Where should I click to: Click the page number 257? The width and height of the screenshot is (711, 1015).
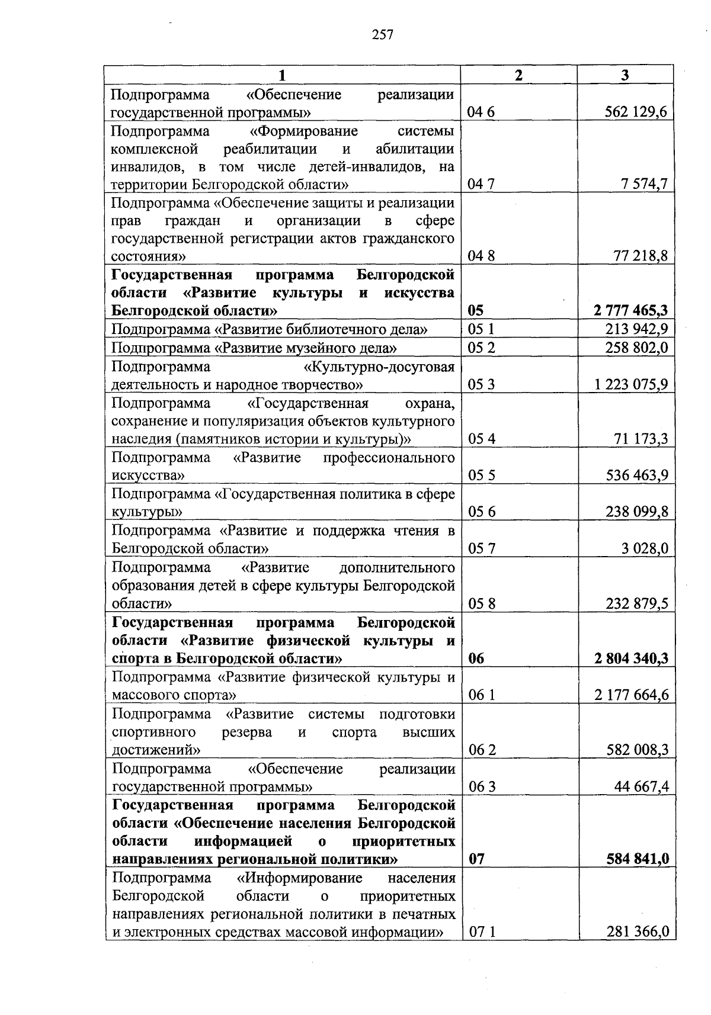[383, 35]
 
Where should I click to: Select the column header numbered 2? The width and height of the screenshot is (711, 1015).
[519, 75]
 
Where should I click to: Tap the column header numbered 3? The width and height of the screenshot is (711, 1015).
[626, 75]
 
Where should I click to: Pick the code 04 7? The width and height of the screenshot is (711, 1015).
[481, 184]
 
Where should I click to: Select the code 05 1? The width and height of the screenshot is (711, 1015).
[481, 329]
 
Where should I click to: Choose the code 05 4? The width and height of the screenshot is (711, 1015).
[481, 439]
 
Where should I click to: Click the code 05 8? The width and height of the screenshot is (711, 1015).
[481, 603]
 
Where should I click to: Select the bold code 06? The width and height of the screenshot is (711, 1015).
[476, 659]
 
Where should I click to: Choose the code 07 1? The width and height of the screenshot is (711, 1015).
[481, 932]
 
